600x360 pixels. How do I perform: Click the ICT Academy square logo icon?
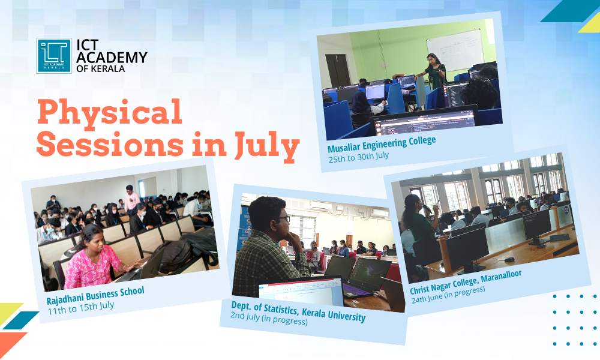53,56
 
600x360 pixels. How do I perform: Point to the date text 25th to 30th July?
358,155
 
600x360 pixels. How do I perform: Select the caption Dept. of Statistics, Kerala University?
298,311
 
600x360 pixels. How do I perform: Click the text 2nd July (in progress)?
269,321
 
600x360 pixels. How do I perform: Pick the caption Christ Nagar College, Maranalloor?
466,282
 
